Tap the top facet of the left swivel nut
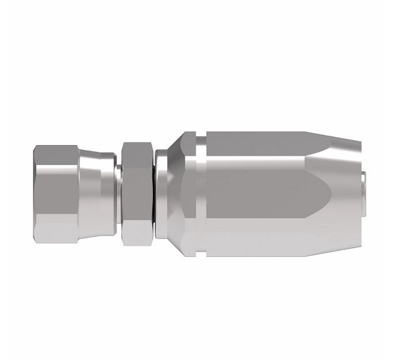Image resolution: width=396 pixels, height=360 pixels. click(56, 155)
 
